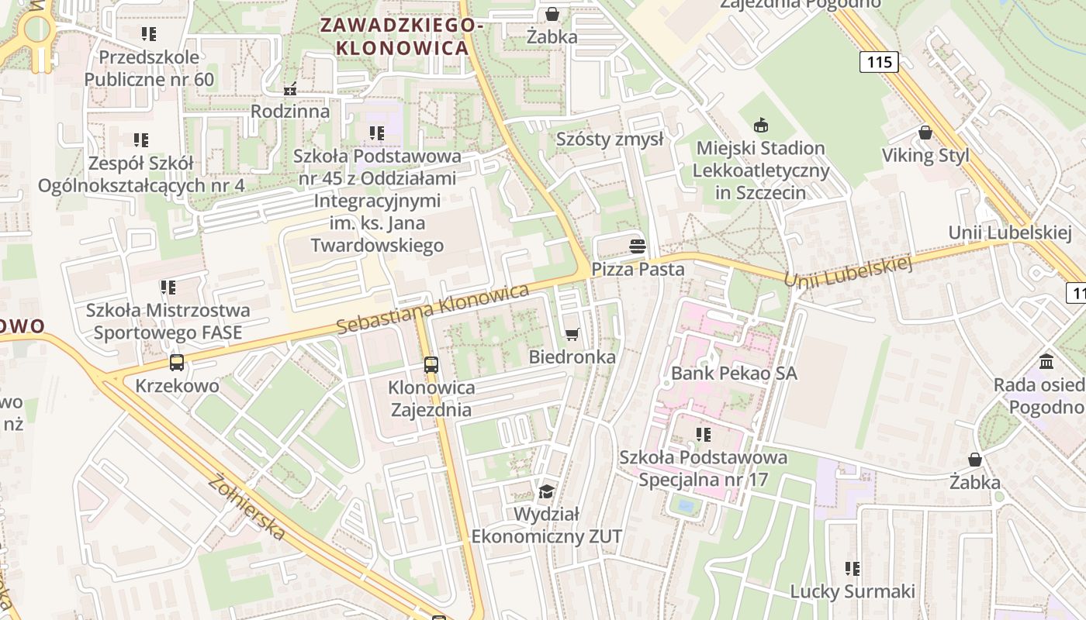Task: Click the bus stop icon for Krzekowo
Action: (177, 362)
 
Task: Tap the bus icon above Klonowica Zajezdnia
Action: (431, 364)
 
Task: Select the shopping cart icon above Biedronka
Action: (572, 334)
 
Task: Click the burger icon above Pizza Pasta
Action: (638, 246)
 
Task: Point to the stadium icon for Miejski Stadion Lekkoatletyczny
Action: (760, 125)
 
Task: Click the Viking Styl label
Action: (925, 156)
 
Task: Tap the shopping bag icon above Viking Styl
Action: (925, 133)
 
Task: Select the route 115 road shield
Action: (879, 62)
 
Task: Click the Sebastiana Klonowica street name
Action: (433, 309)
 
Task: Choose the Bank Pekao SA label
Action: (734, 374)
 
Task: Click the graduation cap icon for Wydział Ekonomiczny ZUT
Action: (547, 491)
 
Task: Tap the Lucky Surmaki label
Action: (853, 591)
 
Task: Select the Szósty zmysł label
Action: (610, 139)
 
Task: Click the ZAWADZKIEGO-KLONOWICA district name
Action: (402, 36)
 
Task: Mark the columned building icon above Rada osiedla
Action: (1046, 361)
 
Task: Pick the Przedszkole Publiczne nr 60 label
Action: (149, 68)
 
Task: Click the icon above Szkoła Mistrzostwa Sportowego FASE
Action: (168, 288)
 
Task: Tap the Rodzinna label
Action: (290, 112)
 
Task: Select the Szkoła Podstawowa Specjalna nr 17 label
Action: (703, 468)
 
